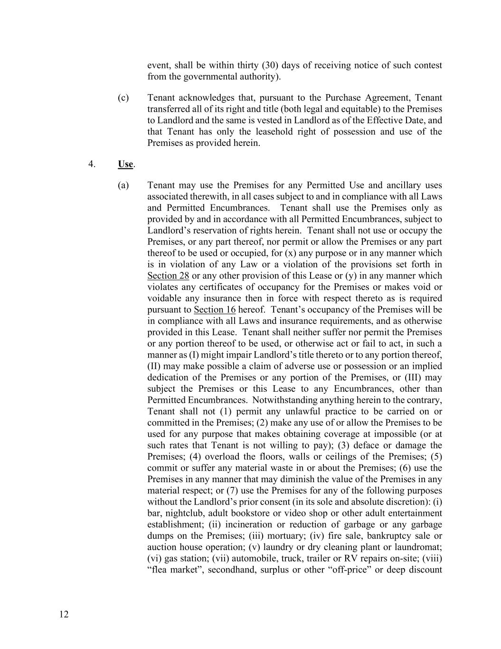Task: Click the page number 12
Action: point(64,614)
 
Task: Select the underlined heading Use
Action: point(125,164)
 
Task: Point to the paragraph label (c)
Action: point(123,97)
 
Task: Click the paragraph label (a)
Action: point(123,185)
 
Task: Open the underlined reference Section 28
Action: point(168,276)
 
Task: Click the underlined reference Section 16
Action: point(215,310)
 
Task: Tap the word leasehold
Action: point(272,132)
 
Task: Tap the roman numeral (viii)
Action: point(431,559)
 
